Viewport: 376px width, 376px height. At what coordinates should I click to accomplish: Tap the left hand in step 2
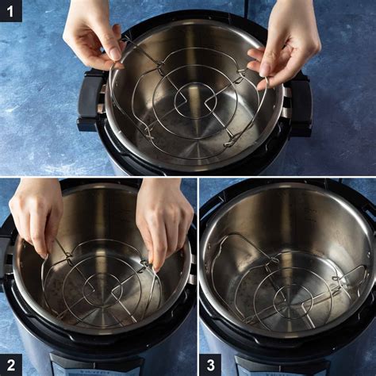point(36,214)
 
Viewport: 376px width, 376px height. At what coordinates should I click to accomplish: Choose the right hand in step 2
point(163,218)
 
